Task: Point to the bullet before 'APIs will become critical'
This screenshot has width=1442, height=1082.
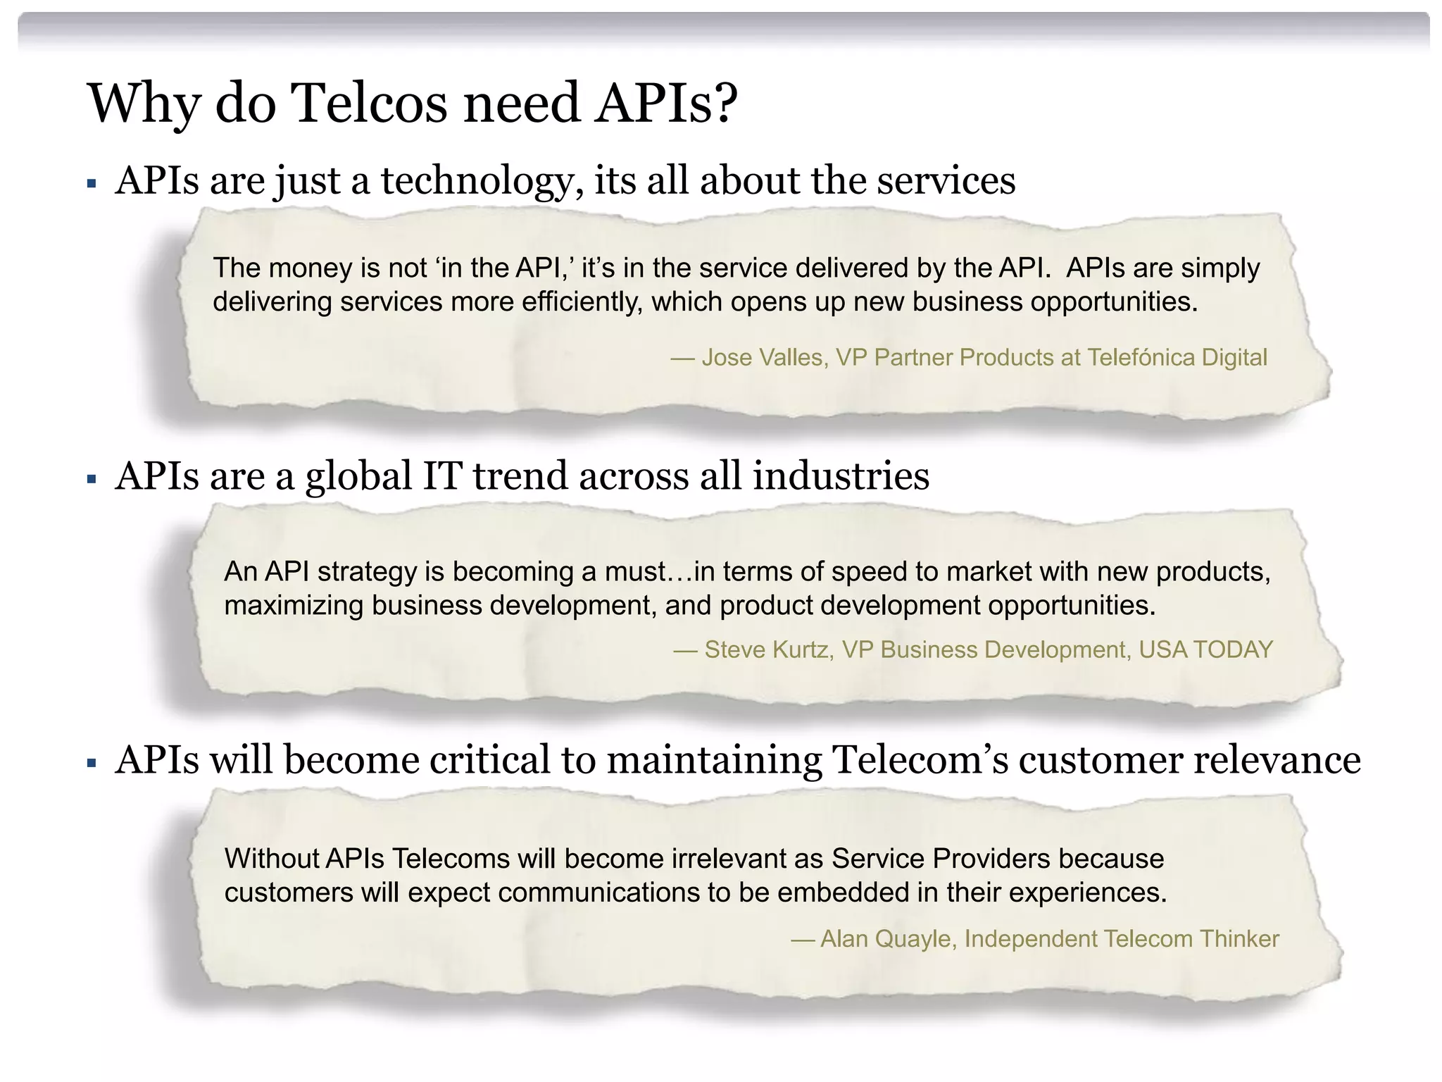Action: tap(92, 763)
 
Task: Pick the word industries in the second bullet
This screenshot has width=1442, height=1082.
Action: tap(841, 476)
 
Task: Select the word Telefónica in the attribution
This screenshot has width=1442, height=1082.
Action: tap(1141, 358)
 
